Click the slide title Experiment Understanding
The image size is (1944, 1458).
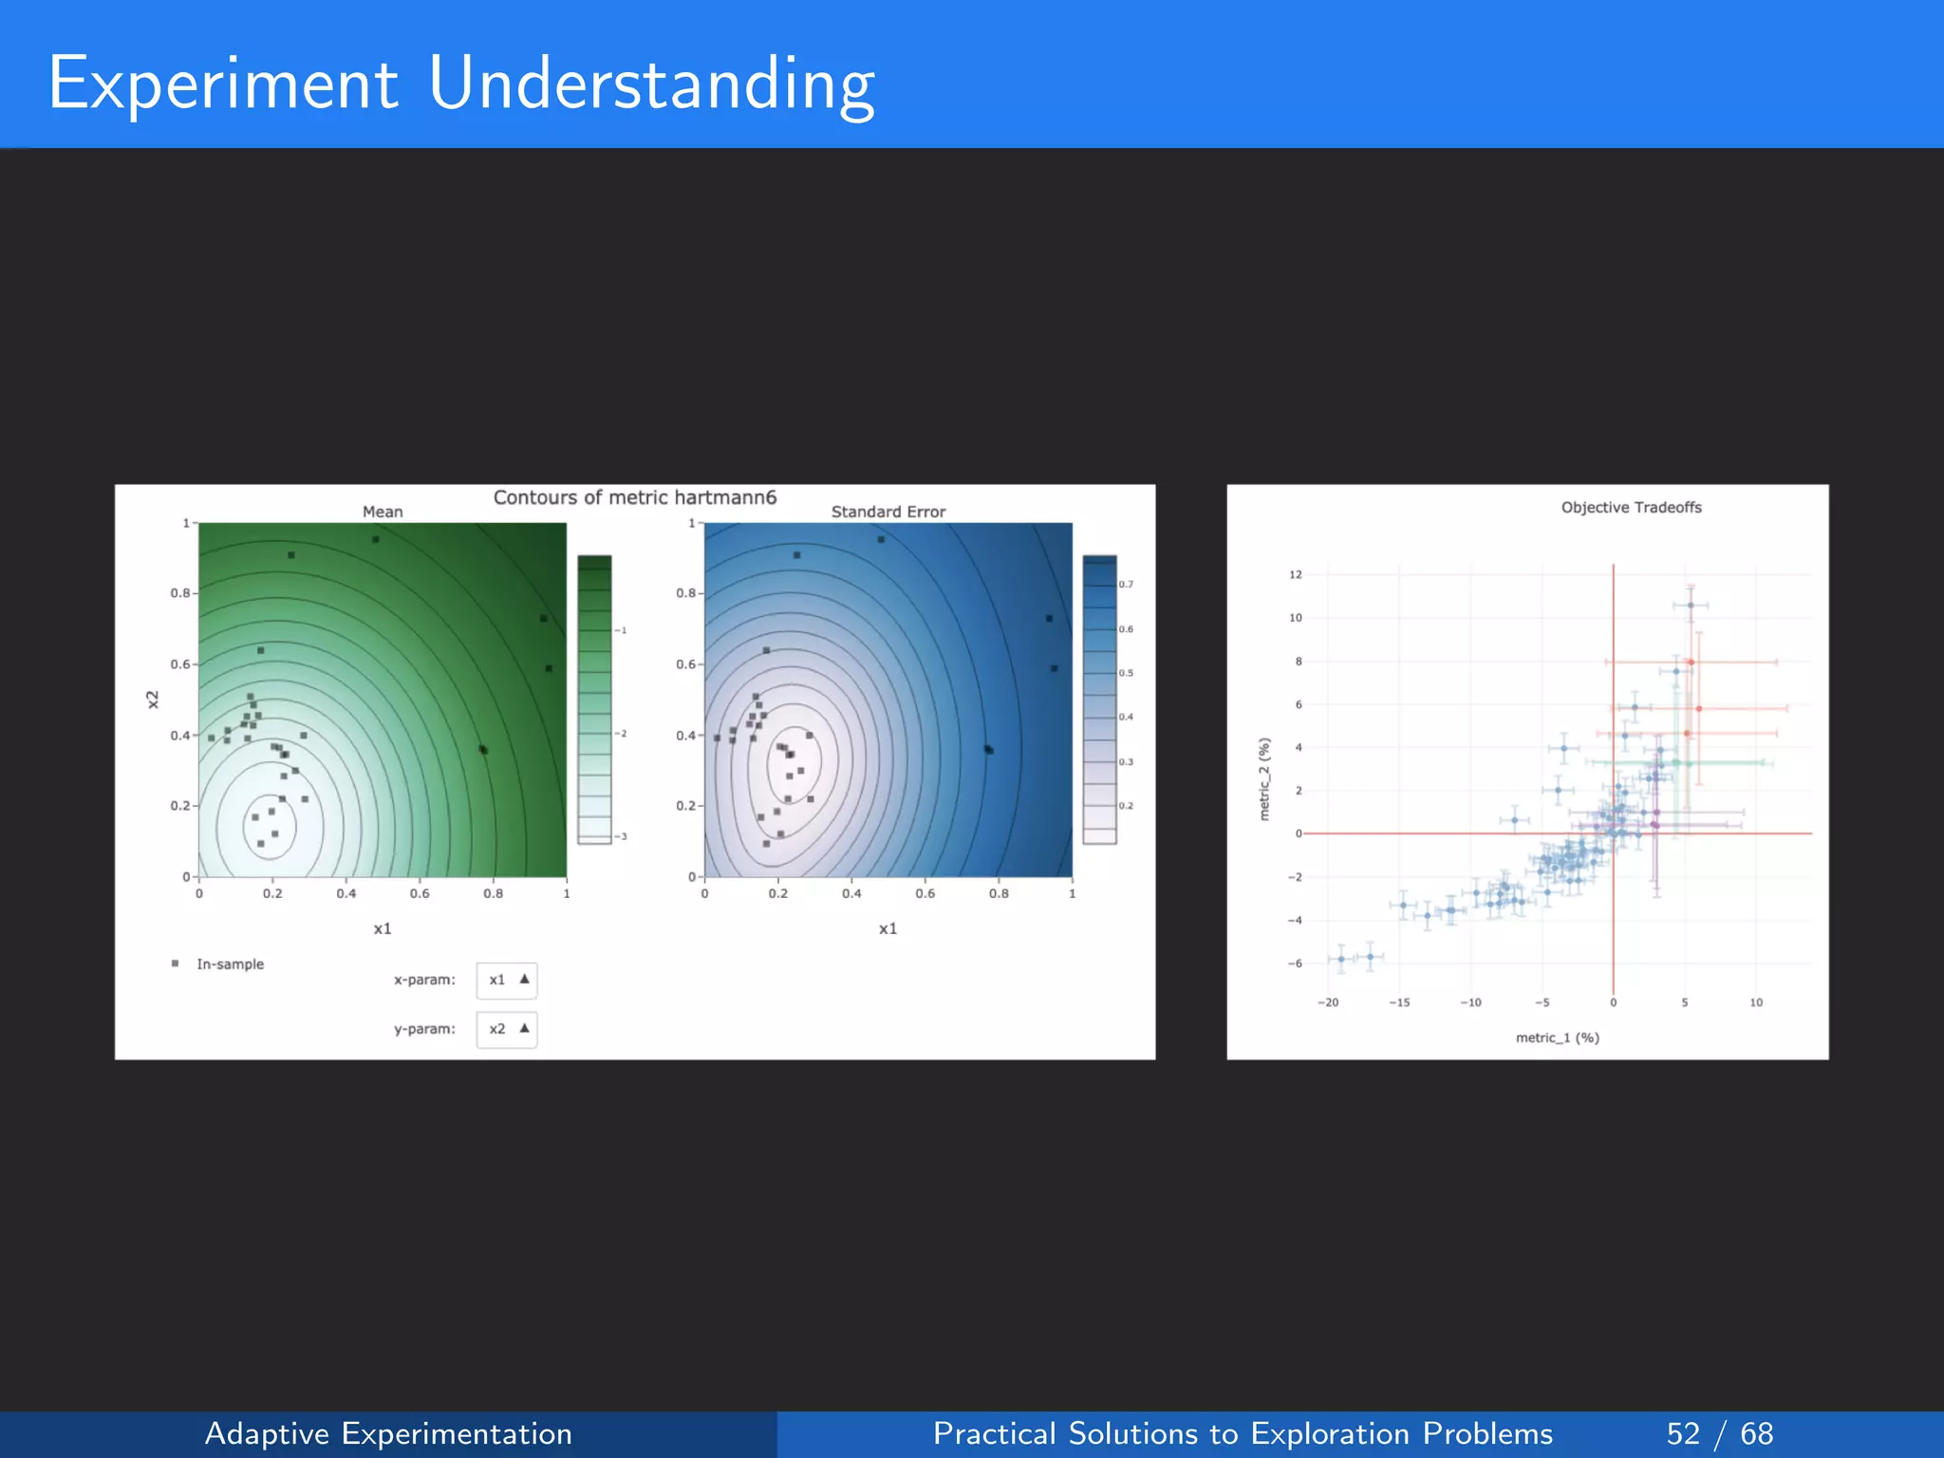(461, 84)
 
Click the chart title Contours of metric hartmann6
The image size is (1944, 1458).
(634, 497)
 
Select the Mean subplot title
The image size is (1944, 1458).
(383, 512)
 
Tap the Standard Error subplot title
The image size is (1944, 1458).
(888, 512)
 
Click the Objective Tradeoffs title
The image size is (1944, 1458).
(1631, 508)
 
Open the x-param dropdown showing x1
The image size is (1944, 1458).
(506, 980)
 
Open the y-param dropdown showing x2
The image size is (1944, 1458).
(506, 1029)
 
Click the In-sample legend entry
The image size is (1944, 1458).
(229, 964)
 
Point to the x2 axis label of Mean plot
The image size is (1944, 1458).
(153, 700)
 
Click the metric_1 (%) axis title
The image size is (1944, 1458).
(1557, 1037)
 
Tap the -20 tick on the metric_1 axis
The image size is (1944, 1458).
(1328, 1002)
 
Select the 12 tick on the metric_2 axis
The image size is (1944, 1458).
(1296, 574)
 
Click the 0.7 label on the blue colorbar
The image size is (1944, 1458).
(1126, 585)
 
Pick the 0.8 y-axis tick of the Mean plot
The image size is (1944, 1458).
(180, 593)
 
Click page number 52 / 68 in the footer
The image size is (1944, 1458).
(1719, 1433)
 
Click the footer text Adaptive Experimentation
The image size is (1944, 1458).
(388, 1433)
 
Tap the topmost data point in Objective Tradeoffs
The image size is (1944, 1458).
(1691, 605)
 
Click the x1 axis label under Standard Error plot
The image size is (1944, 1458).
(888, 928)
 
